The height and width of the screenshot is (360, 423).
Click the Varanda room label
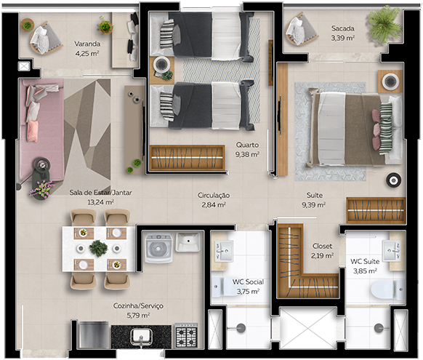pos(87,44)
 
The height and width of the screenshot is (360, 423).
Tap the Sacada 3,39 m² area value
pos(342,38)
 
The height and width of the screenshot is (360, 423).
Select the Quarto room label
pos(247,145)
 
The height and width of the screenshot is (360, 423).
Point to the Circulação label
pos(214,196)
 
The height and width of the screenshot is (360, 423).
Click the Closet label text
pos(322,246)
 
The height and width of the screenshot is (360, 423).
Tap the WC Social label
pos(248,282)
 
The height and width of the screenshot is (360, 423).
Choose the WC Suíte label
pos(365,261)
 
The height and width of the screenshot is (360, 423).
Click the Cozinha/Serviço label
pos(138,305)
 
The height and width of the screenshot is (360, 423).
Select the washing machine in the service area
pos(158,248)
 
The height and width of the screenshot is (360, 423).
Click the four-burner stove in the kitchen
pos(186,336)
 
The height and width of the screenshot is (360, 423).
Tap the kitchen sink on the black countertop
pos(141,337)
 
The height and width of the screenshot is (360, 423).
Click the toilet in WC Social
pos(225,287)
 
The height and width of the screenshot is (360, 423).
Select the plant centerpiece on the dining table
pos(98,248)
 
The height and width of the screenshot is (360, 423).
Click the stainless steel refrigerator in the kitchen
pos(94,335)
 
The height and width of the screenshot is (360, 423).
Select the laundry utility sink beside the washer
pos(188,241)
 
